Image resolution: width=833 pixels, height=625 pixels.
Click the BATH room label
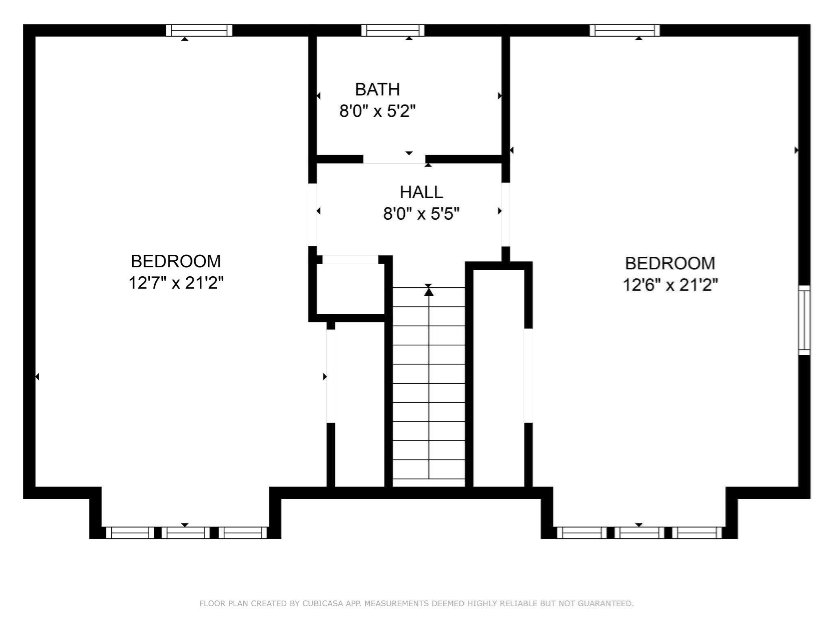pyautogui.click(x=377, y=90)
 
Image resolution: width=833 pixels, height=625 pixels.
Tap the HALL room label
pyautogui.click(x=421, y=192)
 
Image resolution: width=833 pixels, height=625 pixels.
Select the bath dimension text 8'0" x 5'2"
pyautogui.click(x=377, y=111)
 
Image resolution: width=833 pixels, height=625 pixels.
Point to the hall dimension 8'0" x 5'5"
pyautogui.click(x=421, y=214)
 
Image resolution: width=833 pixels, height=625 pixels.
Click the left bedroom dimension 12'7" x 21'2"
pyautogui.click(x=176, y=283)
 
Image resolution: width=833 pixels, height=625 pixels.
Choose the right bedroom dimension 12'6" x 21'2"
pyautogui.click(x=670, y=285)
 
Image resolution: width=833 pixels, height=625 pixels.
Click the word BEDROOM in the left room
pyautogui.click(x=176, y=261)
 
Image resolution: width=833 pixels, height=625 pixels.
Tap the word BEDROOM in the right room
pyautogui.click(x=670, y=263)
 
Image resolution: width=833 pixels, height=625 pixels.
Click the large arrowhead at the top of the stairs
pyautogui.click(x=429, y=292)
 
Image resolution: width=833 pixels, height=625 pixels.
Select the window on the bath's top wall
pyautogui.click(x=393, y=31)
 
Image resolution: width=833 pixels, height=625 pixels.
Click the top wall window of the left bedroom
pyautogui.click(x=199, y=31)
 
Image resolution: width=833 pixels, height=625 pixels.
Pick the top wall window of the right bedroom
pyautogui.click(x=625, y=31)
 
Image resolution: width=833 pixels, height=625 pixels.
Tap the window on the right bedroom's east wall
pyautogui.click(x=804, y=320)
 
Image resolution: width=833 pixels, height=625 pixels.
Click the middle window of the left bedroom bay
pyautogui.click(x=186, y=533)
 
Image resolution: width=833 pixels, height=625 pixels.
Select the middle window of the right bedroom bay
pyautogui.click(x=639, y=533)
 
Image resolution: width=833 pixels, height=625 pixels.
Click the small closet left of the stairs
pyautogui.click(x=350, y=288)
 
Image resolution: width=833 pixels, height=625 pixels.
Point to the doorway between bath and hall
pyautogui.click(x=394, y=159)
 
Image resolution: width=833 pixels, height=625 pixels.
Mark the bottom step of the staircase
pyautogui.click(x=429, y=483)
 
